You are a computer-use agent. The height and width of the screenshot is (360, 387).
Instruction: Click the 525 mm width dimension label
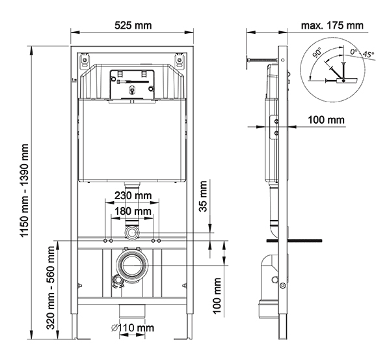point(133,25)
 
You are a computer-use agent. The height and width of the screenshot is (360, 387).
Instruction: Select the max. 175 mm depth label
point(332,25)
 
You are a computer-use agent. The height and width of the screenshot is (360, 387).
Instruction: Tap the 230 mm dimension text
point(133,195)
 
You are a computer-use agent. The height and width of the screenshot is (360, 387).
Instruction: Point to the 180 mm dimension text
point(133,212)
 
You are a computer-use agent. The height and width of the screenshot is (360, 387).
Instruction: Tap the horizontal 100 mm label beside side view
point(327,120)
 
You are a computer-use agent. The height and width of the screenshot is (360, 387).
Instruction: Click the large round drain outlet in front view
point(132,266)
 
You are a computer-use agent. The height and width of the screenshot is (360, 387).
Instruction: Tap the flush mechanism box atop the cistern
point(132,85)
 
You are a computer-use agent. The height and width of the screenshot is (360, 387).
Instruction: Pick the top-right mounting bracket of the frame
point(181,61)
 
